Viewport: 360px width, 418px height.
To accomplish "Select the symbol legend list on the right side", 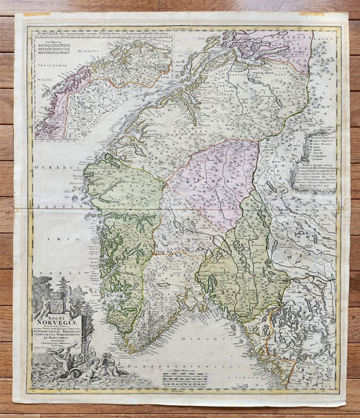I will [x=323, y=148].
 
